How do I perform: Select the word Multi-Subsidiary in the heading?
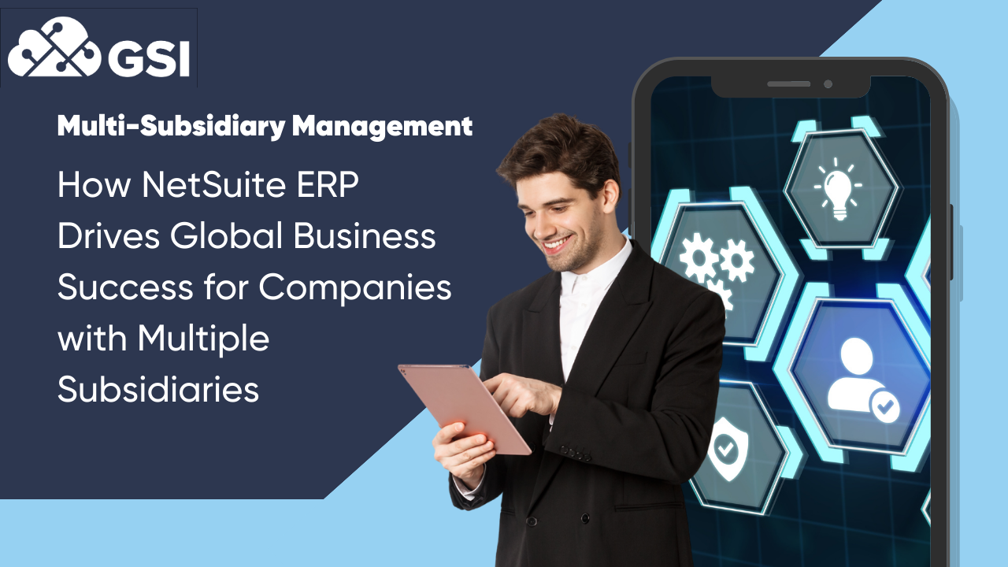[x=170, y=125]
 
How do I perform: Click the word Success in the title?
[x=109, y=287]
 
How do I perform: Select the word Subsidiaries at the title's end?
[x=158, y=389]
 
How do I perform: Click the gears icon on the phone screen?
[x=713, y=264]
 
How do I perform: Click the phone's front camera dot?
[x=828, y=84]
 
